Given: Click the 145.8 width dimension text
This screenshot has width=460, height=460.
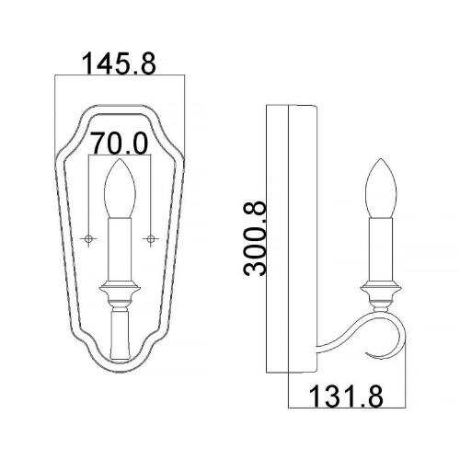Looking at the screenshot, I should [x=121, y=63].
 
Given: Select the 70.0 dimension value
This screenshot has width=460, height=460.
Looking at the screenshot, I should [x=121, y=144].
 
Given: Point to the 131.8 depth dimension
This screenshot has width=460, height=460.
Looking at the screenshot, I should [x=347, y=397].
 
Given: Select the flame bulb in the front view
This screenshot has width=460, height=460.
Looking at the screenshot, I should [x=119, y=189].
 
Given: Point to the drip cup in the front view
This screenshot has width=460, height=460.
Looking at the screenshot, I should [x=119, y=294].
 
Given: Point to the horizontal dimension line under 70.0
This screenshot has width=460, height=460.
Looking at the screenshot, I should [x=120, y=158].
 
